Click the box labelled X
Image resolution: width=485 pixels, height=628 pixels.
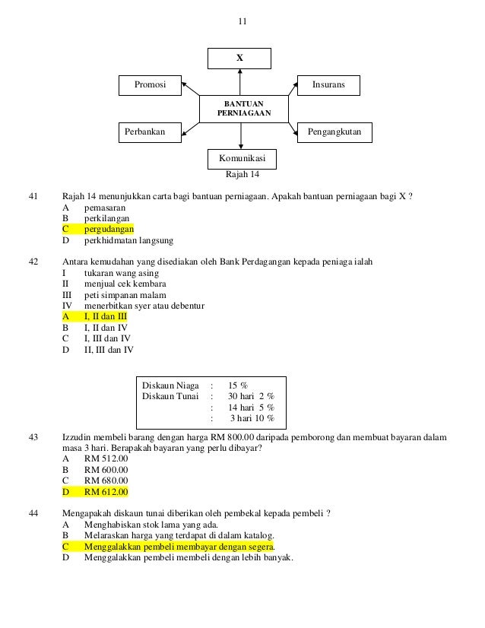point(240,57)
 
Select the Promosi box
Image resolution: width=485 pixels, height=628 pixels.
point(151,84)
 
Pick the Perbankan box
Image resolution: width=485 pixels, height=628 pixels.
point(151,132)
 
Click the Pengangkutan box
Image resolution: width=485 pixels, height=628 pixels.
point(333,132)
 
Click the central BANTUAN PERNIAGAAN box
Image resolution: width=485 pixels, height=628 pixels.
point(242,108)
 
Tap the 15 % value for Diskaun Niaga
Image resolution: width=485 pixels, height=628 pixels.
point(243,385)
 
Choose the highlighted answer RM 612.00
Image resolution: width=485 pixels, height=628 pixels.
point(106,492)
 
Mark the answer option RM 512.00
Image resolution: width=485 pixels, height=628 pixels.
point(106,458)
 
